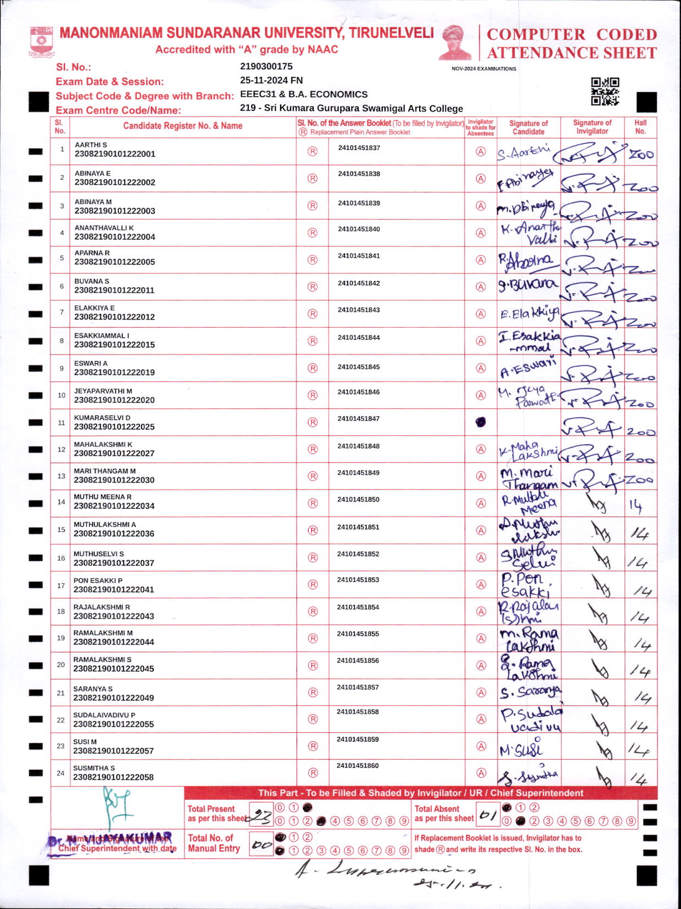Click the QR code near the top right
pyautogui.click(x=605, y=91)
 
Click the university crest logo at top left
pyautogui.click(x=42, y=42)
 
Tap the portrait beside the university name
pyautogui.click(x=455, y=42)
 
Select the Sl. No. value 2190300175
pyautogui.click(x=266, y=66)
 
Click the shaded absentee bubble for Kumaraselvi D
pyautogui.click(x=481, y=422)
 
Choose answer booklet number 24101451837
pyautogui.click(x=359, y=148)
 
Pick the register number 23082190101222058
pyautogui.click(x=114, y=777)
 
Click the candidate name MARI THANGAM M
pyautogui.click(x=105, y=471)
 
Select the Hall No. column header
pyautogui.click(x=640, y=127)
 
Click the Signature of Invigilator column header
pyautogui.click(x=592, y=127)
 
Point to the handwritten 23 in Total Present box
pyautogui.click(x=260, y=818)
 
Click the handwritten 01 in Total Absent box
pyautogui.click(x=486, y=815)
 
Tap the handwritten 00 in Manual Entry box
pyautogui.click(x=262, y=845)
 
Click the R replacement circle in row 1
pyautogui.click(x=312, y=151)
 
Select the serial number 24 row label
pyautogui.click(x=61, y=773)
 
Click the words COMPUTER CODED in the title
pyautogui.click(x=572, y=34)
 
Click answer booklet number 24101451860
pyautogui.click(x=358, y=766)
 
